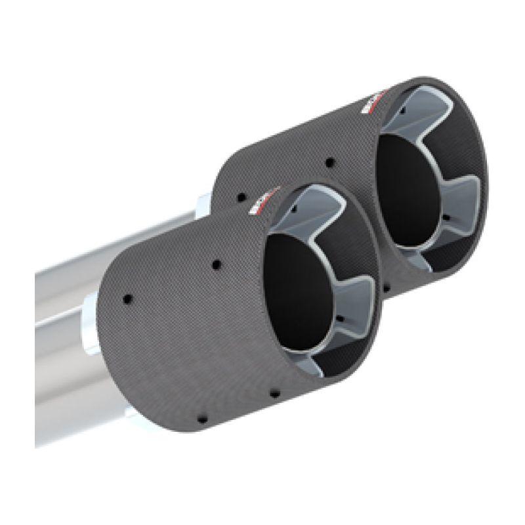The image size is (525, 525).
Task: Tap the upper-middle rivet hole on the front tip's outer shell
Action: pos(215,265)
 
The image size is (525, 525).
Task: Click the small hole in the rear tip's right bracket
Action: pos(444,219)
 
